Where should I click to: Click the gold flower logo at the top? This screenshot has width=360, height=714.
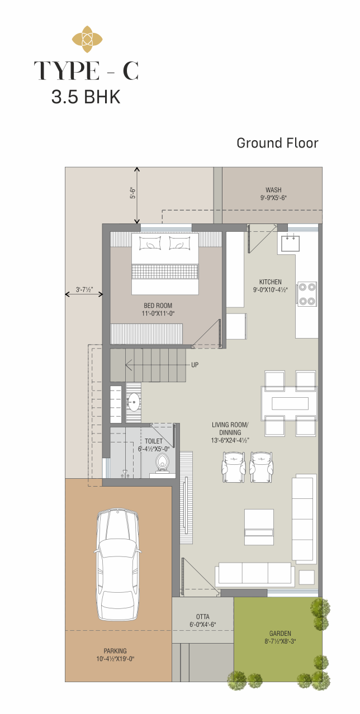tap(87, 40)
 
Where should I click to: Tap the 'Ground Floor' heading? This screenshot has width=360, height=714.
tap(277, 143)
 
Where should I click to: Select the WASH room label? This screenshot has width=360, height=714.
tap(273, 190)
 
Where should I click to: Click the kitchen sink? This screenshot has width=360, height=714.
tap(290, 243)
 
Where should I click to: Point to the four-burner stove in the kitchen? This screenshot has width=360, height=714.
tap(307, 294)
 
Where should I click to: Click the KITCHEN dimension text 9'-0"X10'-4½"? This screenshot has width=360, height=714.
tap(271, 290)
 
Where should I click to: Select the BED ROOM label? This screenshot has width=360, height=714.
tap(158, 306)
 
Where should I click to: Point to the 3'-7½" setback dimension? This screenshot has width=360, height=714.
tap(84, 290)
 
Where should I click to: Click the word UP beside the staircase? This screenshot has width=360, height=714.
tap(195, 365)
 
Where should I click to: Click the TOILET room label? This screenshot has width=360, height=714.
tap(154, 441)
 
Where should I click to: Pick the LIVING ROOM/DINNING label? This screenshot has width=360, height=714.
tap(230, 429)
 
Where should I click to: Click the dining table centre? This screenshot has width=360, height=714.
tap(289, 403)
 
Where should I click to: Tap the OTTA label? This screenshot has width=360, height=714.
tap(203, 617)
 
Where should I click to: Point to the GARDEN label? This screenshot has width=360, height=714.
tap(280, 634)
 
